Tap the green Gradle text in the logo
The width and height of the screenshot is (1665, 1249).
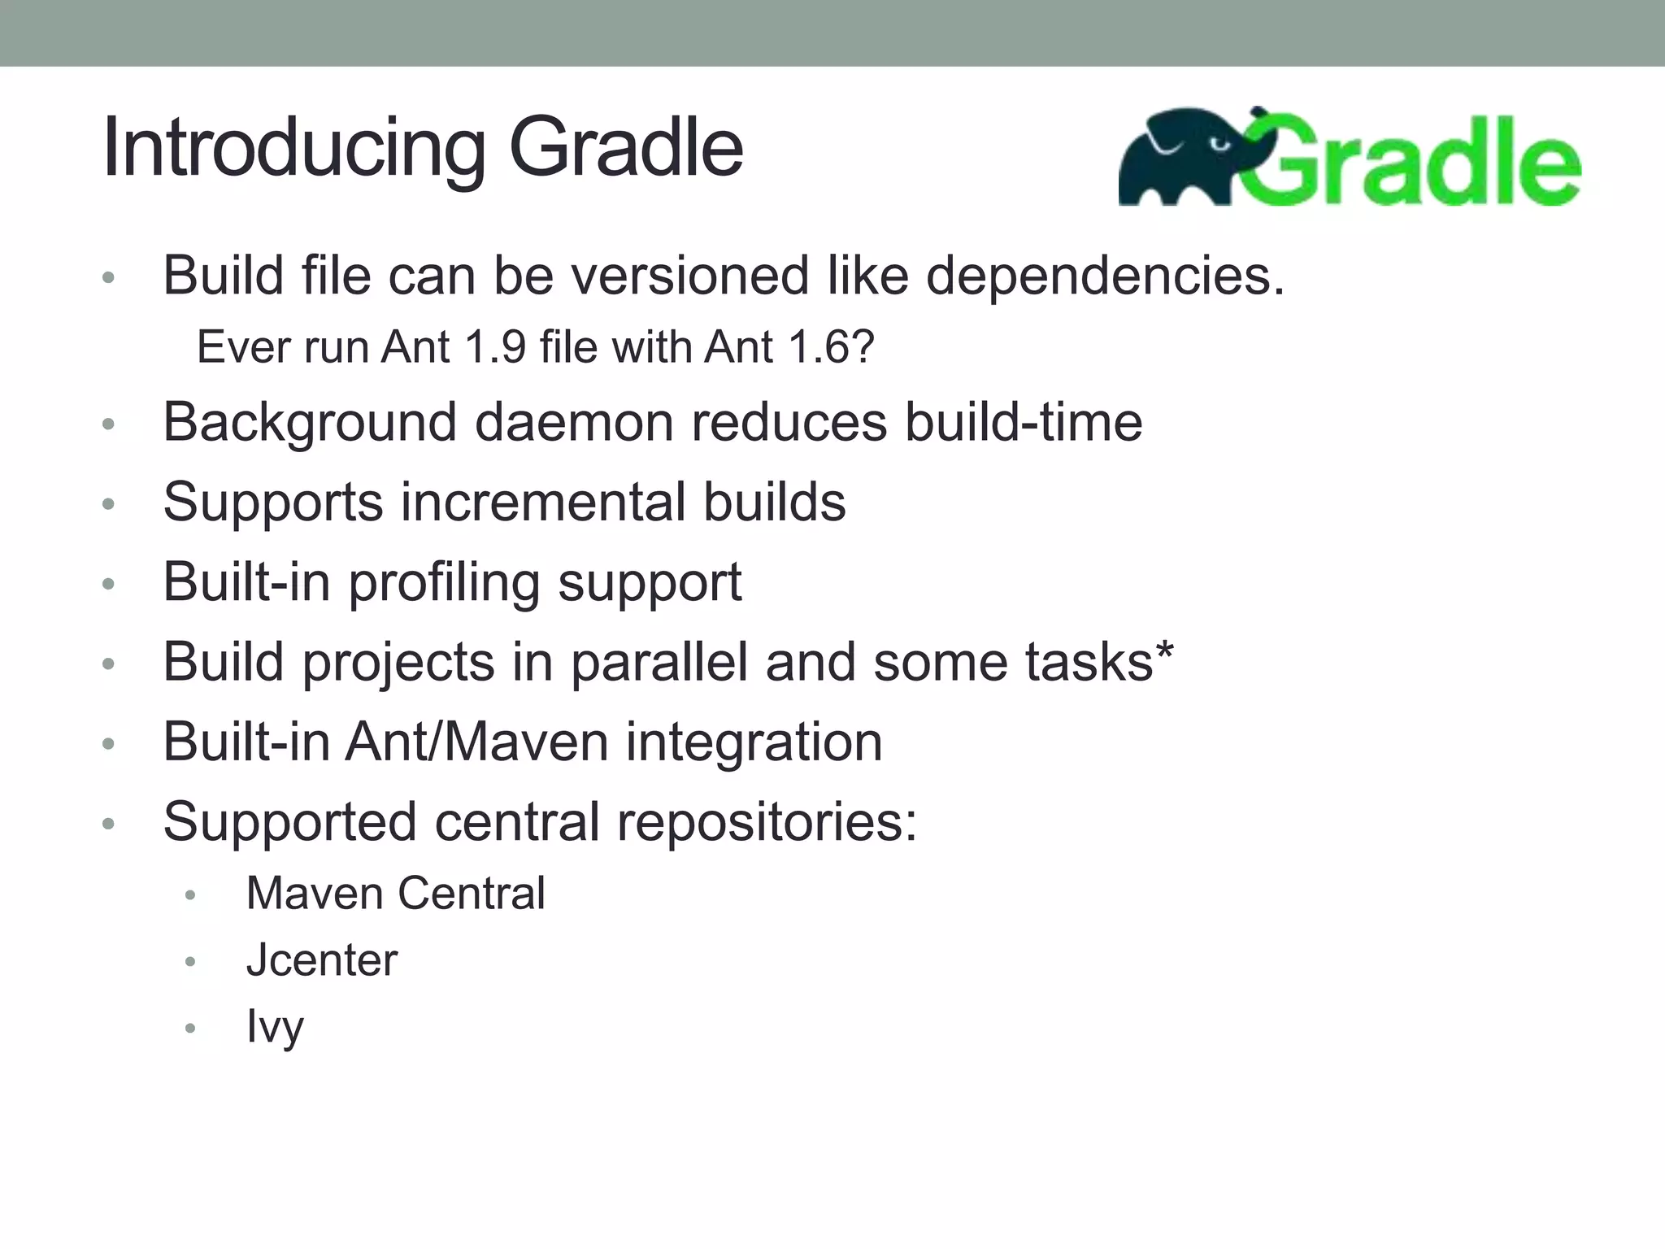[1415, 163]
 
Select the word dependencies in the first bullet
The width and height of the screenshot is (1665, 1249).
[1105, 276]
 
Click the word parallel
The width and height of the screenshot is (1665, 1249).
[659, 663]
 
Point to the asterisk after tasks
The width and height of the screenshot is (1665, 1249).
[1165, 651]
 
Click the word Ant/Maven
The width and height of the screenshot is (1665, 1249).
[476, 742]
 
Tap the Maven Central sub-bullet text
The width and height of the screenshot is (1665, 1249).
[395, 894]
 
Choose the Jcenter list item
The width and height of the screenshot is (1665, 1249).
[322, 960]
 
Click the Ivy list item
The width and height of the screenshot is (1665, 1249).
[275, 1027]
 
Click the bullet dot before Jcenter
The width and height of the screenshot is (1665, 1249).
[191, 962]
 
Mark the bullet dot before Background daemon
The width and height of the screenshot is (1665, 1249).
[109, 424]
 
